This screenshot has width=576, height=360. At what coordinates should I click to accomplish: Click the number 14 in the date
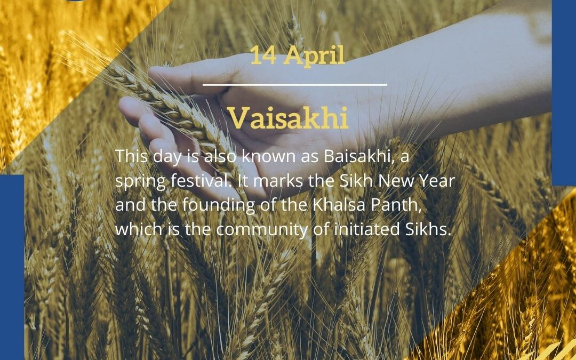click(x=262, y=57)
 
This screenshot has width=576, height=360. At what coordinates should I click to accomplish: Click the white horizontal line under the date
click(x=295, y=84)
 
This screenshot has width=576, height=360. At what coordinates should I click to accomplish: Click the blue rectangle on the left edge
click(x=12, y=267)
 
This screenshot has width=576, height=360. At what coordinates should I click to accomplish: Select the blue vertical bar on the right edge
click(x=563, y=91)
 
